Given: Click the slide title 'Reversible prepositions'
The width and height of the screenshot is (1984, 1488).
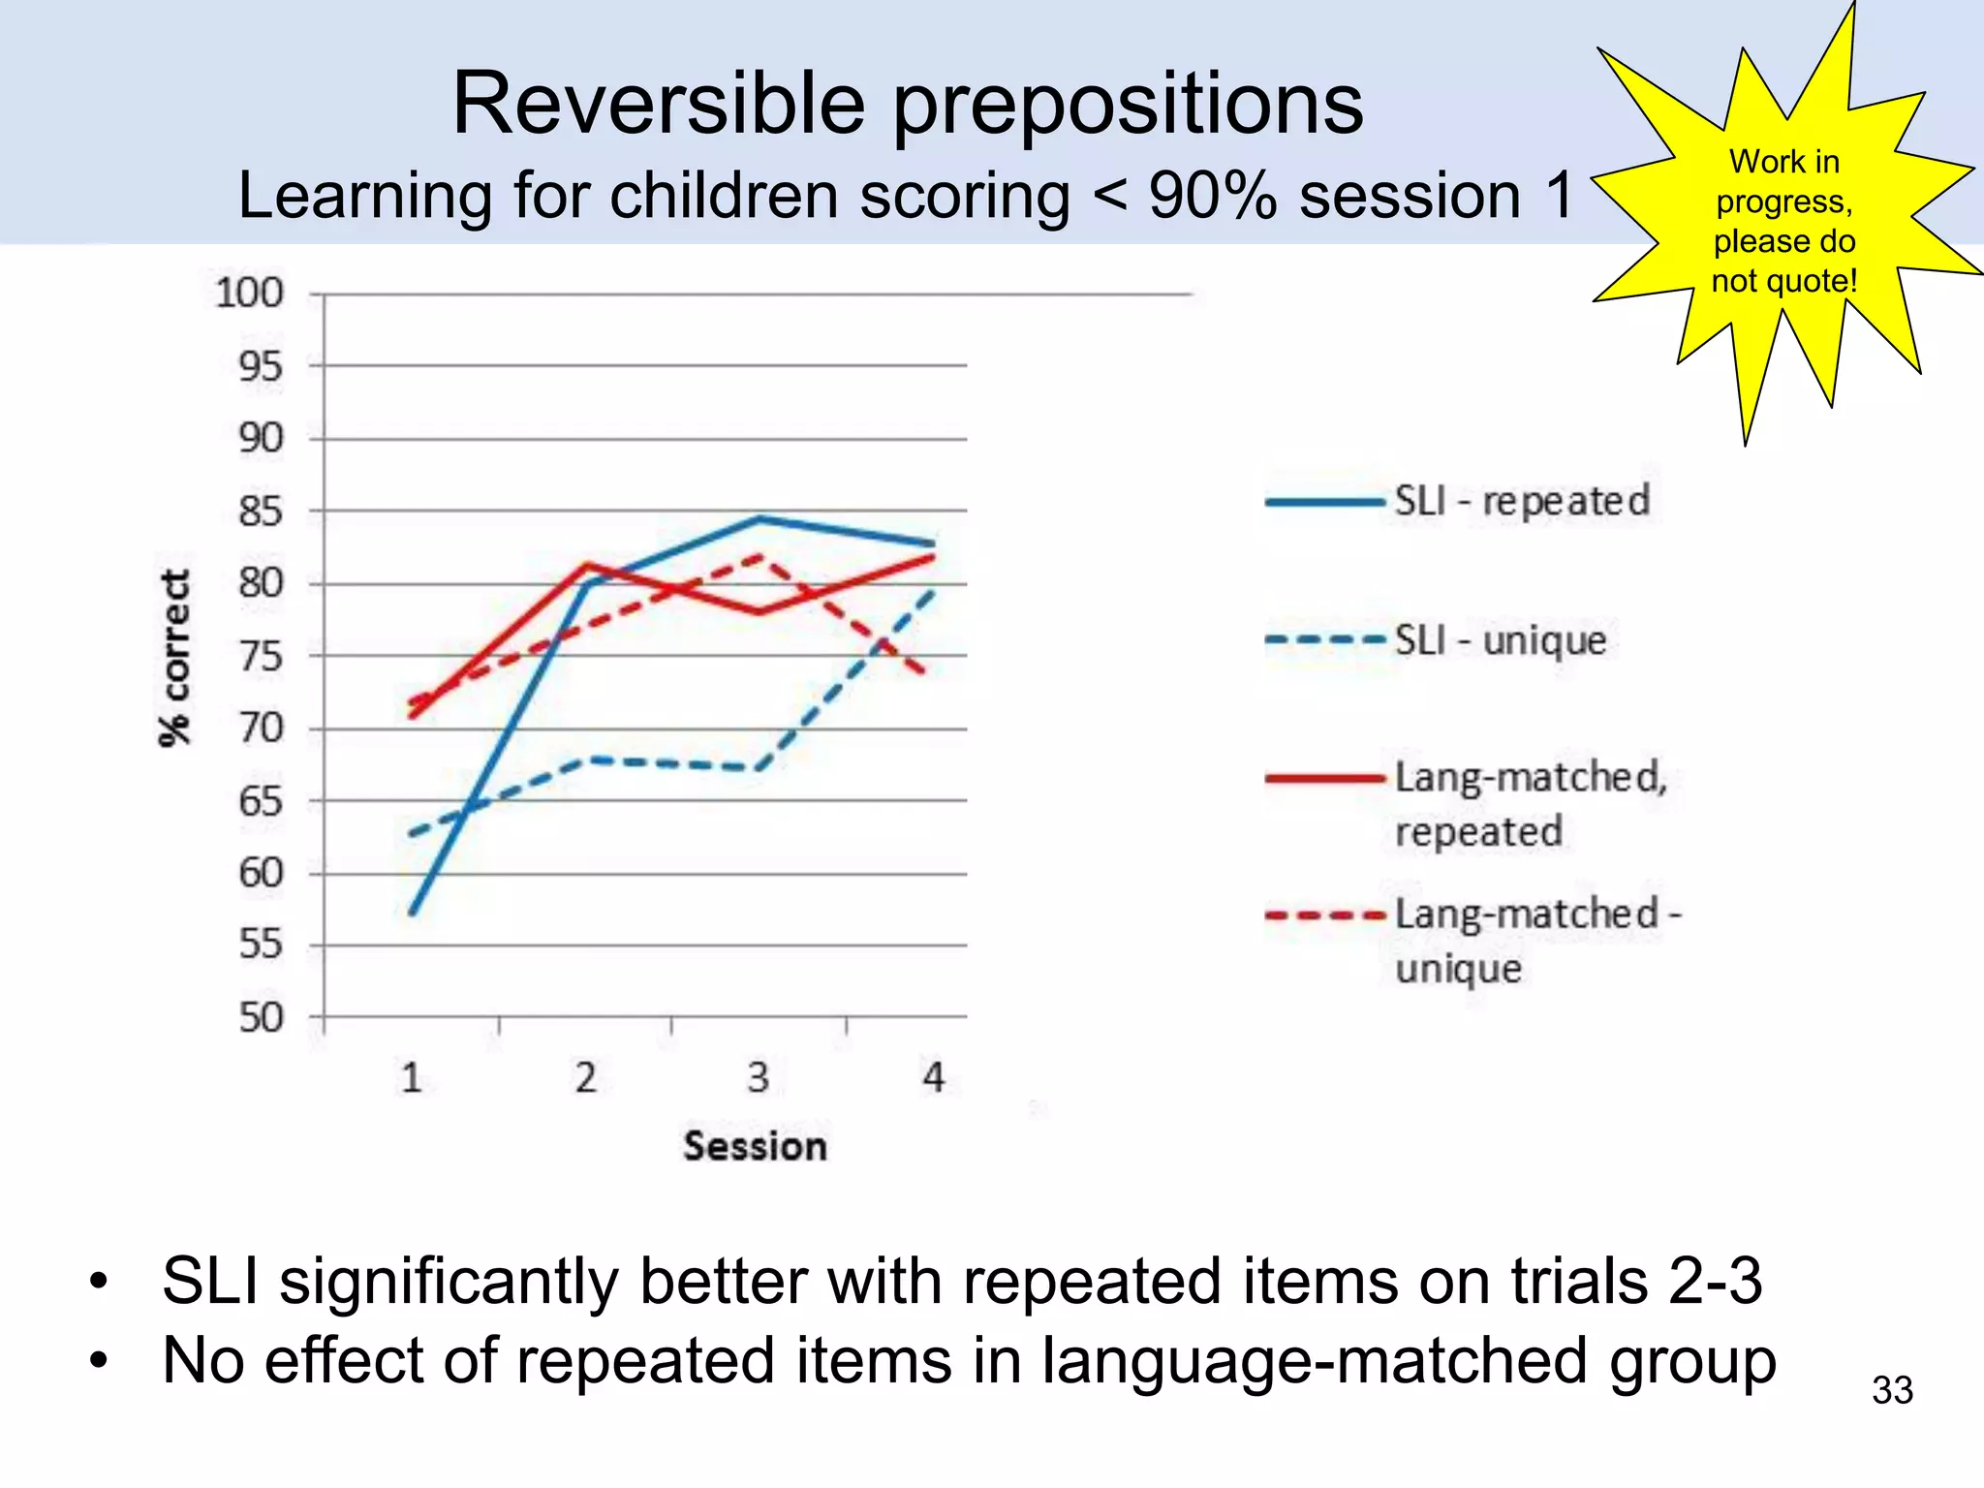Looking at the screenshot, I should (908, 104).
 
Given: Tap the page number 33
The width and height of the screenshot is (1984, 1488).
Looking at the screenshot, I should (1891, 1390).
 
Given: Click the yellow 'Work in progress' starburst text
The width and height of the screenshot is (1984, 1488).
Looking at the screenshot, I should (1783, 221).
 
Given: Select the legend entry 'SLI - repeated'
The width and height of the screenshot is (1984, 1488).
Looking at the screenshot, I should (1521, 501).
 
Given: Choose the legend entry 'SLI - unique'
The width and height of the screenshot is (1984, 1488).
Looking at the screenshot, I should (1500, 640).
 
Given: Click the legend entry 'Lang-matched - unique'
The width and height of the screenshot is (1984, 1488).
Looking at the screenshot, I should (1536, 940).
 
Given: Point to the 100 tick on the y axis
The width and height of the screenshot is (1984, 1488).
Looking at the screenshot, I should (249, 293).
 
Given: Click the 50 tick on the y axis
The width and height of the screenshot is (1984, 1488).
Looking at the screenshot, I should (261, 1017).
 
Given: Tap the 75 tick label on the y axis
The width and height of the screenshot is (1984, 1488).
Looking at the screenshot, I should (261, 656).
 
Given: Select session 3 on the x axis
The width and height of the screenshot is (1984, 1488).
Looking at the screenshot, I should (759, 1077).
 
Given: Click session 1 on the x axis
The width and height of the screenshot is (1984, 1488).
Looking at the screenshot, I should (412, 1077).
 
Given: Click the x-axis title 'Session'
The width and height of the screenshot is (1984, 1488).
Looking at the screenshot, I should (755, 1146).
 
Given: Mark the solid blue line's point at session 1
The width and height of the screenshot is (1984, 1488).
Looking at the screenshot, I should (413, 913).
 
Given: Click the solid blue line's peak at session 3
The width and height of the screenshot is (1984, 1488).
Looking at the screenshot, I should (760, 518).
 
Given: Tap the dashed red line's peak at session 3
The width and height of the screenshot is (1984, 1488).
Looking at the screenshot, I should (760, 556).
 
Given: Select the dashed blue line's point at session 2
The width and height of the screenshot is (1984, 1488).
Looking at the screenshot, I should (589, 759).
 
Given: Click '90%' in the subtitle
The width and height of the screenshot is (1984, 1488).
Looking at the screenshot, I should (1212, 196).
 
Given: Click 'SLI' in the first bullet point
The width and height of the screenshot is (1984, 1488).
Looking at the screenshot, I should (210, 1281).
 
